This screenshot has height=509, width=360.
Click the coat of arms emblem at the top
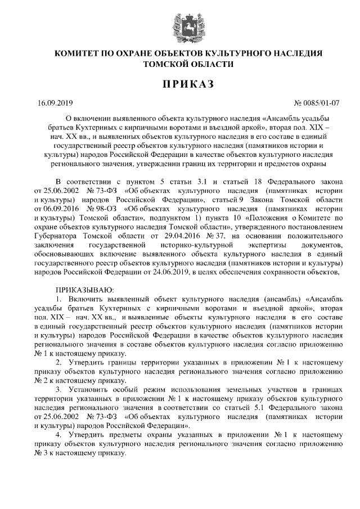(x=180, y=26)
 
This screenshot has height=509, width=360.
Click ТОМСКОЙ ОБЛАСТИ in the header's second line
(x=180, y=64)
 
